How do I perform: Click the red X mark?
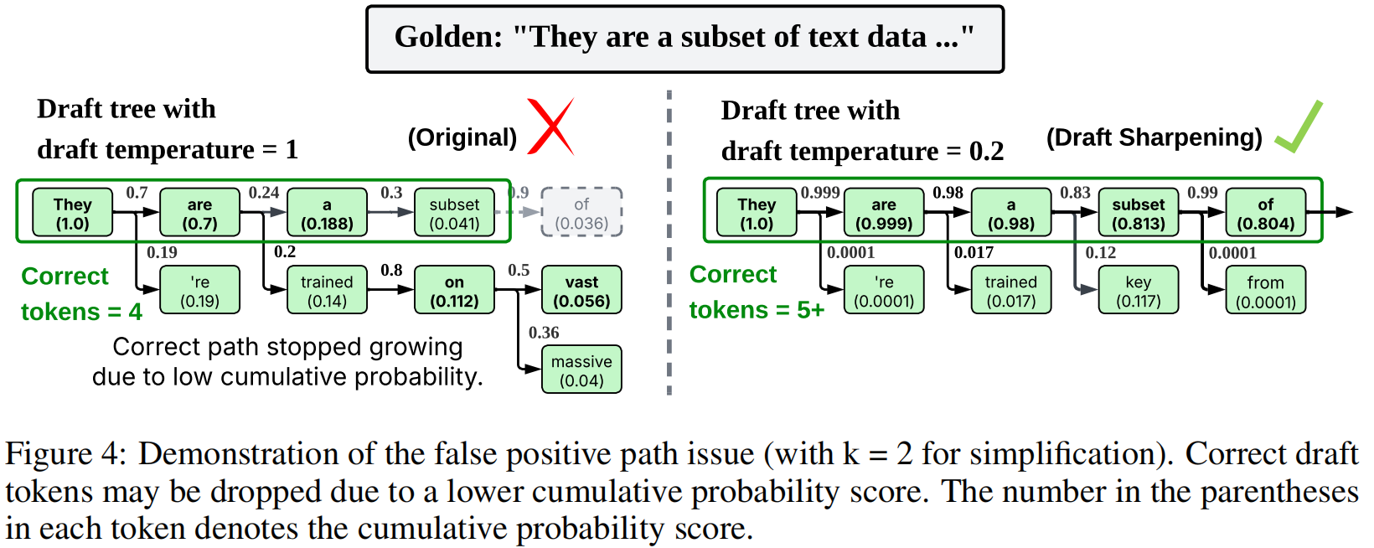coord(550,127)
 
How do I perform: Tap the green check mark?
coord(1299,128)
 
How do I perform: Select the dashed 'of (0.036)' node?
coord(581,213)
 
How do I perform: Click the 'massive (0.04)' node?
coord(581,370)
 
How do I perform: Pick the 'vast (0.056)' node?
coord(581,291)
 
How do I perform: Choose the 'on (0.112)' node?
coord(454,291)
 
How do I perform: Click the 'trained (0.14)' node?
coord(327,291)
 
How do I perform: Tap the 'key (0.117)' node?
coord(1138,291)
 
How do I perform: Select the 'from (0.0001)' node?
coord(1265,291)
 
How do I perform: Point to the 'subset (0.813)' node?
coord(1138,213)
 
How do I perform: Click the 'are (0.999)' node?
coord(883,213)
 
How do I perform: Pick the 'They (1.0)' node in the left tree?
coord(72,213)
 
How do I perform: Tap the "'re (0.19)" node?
coord(199,291)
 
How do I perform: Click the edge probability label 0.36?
coord(544,333)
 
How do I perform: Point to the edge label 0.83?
coord(1075,193)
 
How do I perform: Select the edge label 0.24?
coord(264,193)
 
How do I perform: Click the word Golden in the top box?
coord(448,37)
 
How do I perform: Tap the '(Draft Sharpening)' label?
coord(1154,137)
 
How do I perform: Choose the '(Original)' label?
coord(462,137)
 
